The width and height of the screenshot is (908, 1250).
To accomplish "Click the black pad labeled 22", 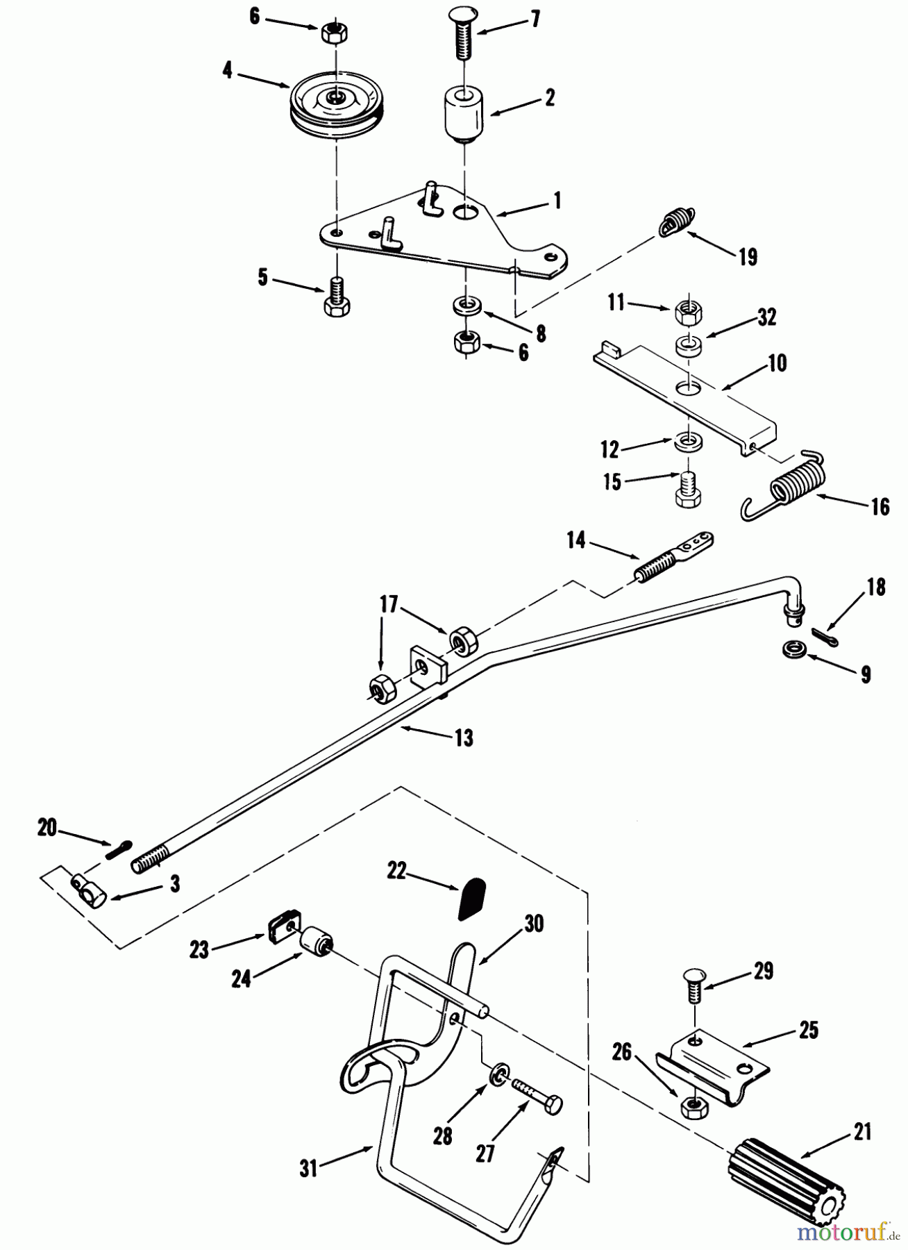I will pyautogui.click(x=471, y=899).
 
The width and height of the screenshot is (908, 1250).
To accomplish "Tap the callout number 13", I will pyautogui.click(x=464, y=737).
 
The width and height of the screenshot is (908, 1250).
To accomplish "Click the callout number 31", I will pyautogui.click(x=308, y=1169).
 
